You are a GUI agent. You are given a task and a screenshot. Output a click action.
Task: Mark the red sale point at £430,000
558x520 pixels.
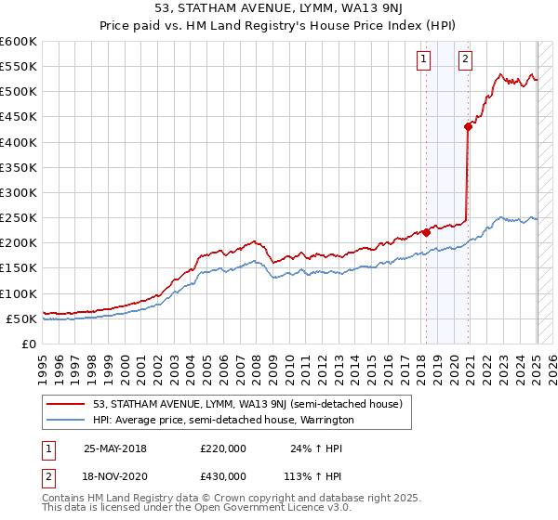point(469,127)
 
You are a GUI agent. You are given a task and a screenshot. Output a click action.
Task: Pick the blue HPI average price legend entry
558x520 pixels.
point(223,420)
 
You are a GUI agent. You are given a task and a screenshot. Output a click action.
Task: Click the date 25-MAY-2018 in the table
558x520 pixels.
point(115,448)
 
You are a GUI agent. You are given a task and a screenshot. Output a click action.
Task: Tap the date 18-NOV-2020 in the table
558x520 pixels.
point(115,475)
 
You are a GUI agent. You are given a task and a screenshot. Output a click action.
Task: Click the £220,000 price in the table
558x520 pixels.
point(222,448)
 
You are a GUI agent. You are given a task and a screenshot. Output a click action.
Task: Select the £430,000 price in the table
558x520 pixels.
point(222,475)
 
